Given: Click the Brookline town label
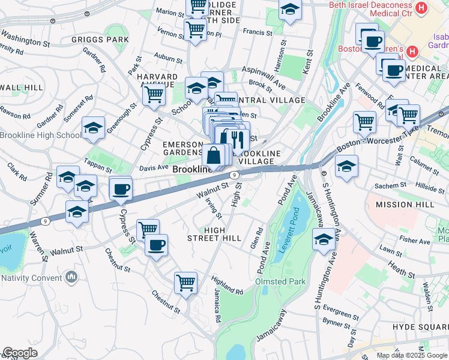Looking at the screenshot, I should tap(193, 170).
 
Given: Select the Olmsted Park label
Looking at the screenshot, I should tap(280, 281).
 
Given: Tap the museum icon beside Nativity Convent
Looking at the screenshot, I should tap(72, 277).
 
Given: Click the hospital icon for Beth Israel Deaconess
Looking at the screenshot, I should tap(421, 8).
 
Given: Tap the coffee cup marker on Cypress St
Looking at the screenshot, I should tap(121, 190).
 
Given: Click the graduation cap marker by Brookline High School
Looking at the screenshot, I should tap(92, 127).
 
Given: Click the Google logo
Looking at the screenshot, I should tap(20, 353).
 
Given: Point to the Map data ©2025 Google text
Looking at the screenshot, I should tap(412, 355).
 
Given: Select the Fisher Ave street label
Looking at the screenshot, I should tap(416, 241).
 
